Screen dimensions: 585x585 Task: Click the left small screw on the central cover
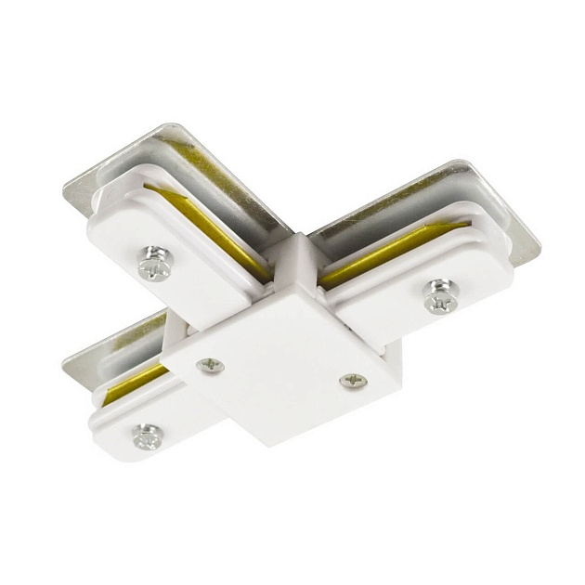[x=211, y=366]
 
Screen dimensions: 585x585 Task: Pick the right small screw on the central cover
[x=353, y=380]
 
